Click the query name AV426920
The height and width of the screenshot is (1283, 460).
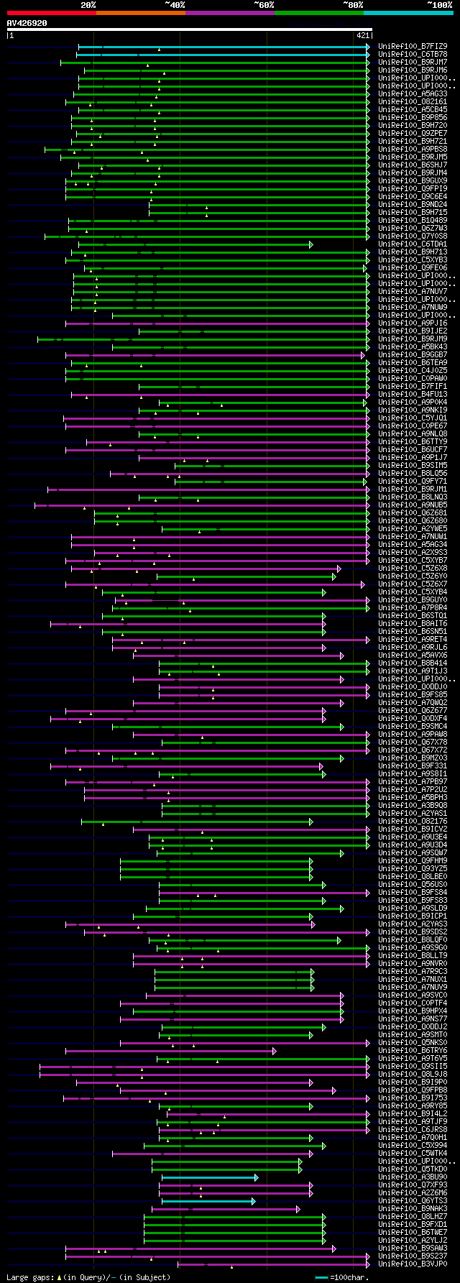point(27,23)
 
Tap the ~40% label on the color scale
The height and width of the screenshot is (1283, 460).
point(175,5)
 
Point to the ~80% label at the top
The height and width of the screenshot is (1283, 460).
point(352,5)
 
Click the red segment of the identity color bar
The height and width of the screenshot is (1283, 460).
point(51,13)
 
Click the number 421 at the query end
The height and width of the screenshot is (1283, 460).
point(362,35)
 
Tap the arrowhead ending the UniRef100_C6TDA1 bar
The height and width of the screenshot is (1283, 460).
point(311,244)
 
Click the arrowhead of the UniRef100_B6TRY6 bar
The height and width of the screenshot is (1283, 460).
point(275,1051)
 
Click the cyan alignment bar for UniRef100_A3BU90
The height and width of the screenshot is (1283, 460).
point(208,1177)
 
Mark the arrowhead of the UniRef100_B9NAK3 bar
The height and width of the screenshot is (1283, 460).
point(298,1209)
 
